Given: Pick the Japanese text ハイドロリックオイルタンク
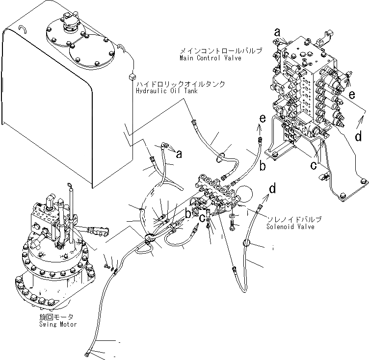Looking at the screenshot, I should coord(181,84).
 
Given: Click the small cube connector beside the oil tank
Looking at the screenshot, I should coord(131,76).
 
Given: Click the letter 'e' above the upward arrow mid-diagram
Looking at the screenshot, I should coord(263,118).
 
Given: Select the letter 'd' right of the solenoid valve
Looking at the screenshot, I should coord(272,188).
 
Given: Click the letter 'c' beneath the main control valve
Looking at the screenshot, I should coord(313,165).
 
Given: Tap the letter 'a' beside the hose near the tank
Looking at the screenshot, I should coord(179,154).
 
